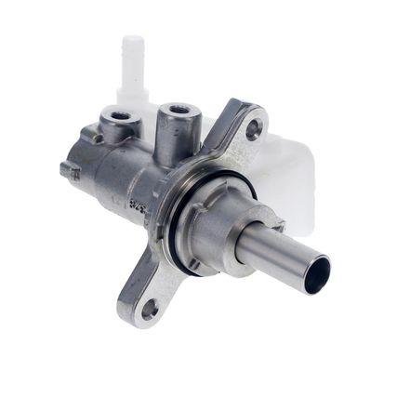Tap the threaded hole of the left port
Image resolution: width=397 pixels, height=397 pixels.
(118, 117)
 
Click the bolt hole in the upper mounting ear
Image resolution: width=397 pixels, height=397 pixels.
(253, 130)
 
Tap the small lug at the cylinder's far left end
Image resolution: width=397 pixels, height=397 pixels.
(68, 171)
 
